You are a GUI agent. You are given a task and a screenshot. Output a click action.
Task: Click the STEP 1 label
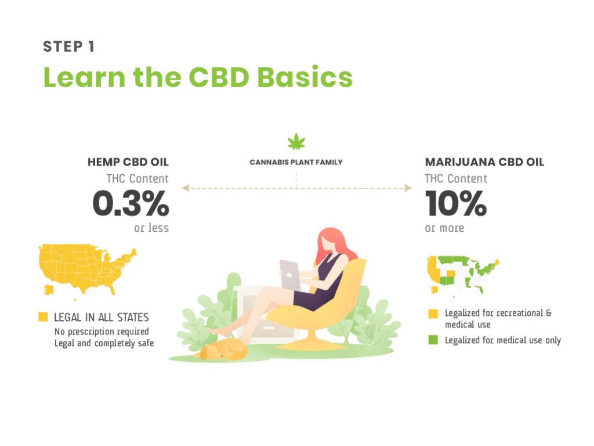click(x=68, y=46)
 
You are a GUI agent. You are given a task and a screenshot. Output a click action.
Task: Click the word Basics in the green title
click(x=305, y=77)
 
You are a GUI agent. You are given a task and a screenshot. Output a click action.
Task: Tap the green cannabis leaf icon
click(x=296, y=141)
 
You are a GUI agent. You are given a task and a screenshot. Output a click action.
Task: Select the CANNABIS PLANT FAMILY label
click(x=296, y=163)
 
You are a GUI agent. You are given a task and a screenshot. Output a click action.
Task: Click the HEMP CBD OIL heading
click(x=128, y=163)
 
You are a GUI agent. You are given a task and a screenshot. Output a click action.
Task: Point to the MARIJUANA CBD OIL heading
click(x=484, y=163)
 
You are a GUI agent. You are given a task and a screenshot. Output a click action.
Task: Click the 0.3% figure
click(x=131, y=203)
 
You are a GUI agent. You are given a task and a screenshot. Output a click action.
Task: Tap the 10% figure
click(x=456, y=203)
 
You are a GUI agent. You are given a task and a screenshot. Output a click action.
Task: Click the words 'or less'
click(x=151, y=228)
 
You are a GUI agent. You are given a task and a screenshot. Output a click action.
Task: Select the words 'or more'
click(x=444, y=228)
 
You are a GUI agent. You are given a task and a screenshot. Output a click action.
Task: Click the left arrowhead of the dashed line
click(x=185, y=188)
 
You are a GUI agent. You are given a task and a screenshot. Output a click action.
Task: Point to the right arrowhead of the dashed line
click(x=408, y=188)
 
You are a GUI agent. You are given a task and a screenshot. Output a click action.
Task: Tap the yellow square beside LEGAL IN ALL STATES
click(x=43, y=316)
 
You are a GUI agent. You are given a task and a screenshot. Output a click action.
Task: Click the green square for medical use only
click(x=433, y=340)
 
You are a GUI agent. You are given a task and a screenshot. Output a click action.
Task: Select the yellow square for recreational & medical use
click(x=433, y=314)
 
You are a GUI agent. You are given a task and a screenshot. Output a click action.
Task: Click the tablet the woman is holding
click(x=290, y=275)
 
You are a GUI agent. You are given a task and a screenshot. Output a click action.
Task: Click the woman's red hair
click(x=334, y=243)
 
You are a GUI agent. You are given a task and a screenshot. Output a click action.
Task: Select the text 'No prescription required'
click(x=102, y=332)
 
